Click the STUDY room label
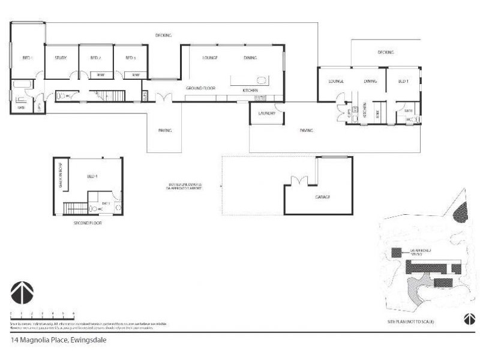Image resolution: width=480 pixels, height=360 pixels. tap(61, 58)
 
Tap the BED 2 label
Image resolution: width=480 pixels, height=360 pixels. tap(95, 58)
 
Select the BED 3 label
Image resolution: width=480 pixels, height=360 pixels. tap(130, 58)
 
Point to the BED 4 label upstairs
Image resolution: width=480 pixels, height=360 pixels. tap(92, 176)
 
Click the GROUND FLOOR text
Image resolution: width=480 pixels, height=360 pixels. tap(200, 88)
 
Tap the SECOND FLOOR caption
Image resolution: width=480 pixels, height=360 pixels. tap(88, 223)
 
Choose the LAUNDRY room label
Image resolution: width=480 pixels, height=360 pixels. tap(266, 113)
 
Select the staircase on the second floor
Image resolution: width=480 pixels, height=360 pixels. tap(76, 209)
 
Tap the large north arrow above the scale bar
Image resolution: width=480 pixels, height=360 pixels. tap(22, 293)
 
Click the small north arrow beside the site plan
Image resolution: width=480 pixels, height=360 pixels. tap(466, 318)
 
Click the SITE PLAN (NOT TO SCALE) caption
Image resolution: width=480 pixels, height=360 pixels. tap(410, 323)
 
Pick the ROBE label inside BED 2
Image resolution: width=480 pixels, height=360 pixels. tap(101, 74)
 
